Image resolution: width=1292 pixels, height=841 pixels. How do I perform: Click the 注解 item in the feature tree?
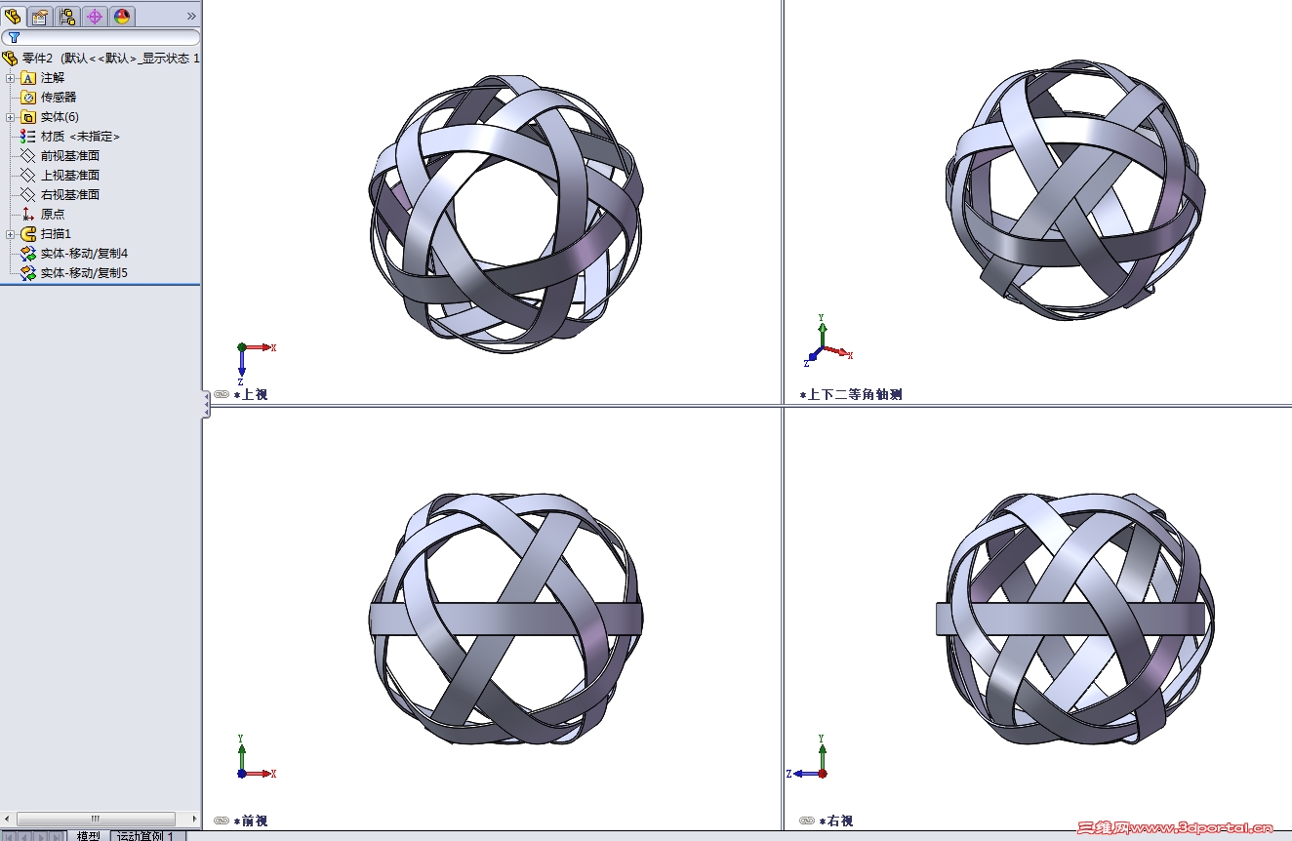[x=52, y=78]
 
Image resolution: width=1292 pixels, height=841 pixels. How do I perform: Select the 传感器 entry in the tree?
[x=58, y=98]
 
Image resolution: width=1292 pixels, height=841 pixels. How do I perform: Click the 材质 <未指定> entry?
[x=80, y=137]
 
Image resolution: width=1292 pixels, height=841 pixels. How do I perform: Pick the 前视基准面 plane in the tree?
[x=69, y=156]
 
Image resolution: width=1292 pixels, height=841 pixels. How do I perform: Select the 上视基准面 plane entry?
[x=69, y=176]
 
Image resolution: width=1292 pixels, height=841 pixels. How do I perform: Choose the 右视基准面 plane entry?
[x=69, y=195]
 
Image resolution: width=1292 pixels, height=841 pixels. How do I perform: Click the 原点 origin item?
[x=53, y=215]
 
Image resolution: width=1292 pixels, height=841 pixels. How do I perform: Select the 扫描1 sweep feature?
[x=56, y=234]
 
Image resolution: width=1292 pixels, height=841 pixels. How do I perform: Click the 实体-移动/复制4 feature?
[x=84, y=254]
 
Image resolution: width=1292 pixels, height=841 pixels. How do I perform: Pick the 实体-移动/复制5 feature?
[x=84, y=273]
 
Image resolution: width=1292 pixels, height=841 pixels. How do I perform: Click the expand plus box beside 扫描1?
[x=11, y=234]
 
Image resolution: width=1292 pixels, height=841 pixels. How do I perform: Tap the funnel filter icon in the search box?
[x=14, y=37]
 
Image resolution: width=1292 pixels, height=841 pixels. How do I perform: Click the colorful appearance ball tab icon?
[x=121, y=16]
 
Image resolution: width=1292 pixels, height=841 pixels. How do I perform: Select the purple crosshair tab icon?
[x=94, y=16]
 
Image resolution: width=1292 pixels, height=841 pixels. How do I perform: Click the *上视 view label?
[x=251, y=395]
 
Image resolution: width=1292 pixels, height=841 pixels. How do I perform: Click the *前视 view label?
[x=251, y=821]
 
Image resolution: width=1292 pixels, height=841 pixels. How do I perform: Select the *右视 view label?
[x=836, y=821]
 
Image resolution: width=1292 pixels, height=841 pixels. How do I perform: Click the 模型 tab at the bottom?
[x=88, y=835]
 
